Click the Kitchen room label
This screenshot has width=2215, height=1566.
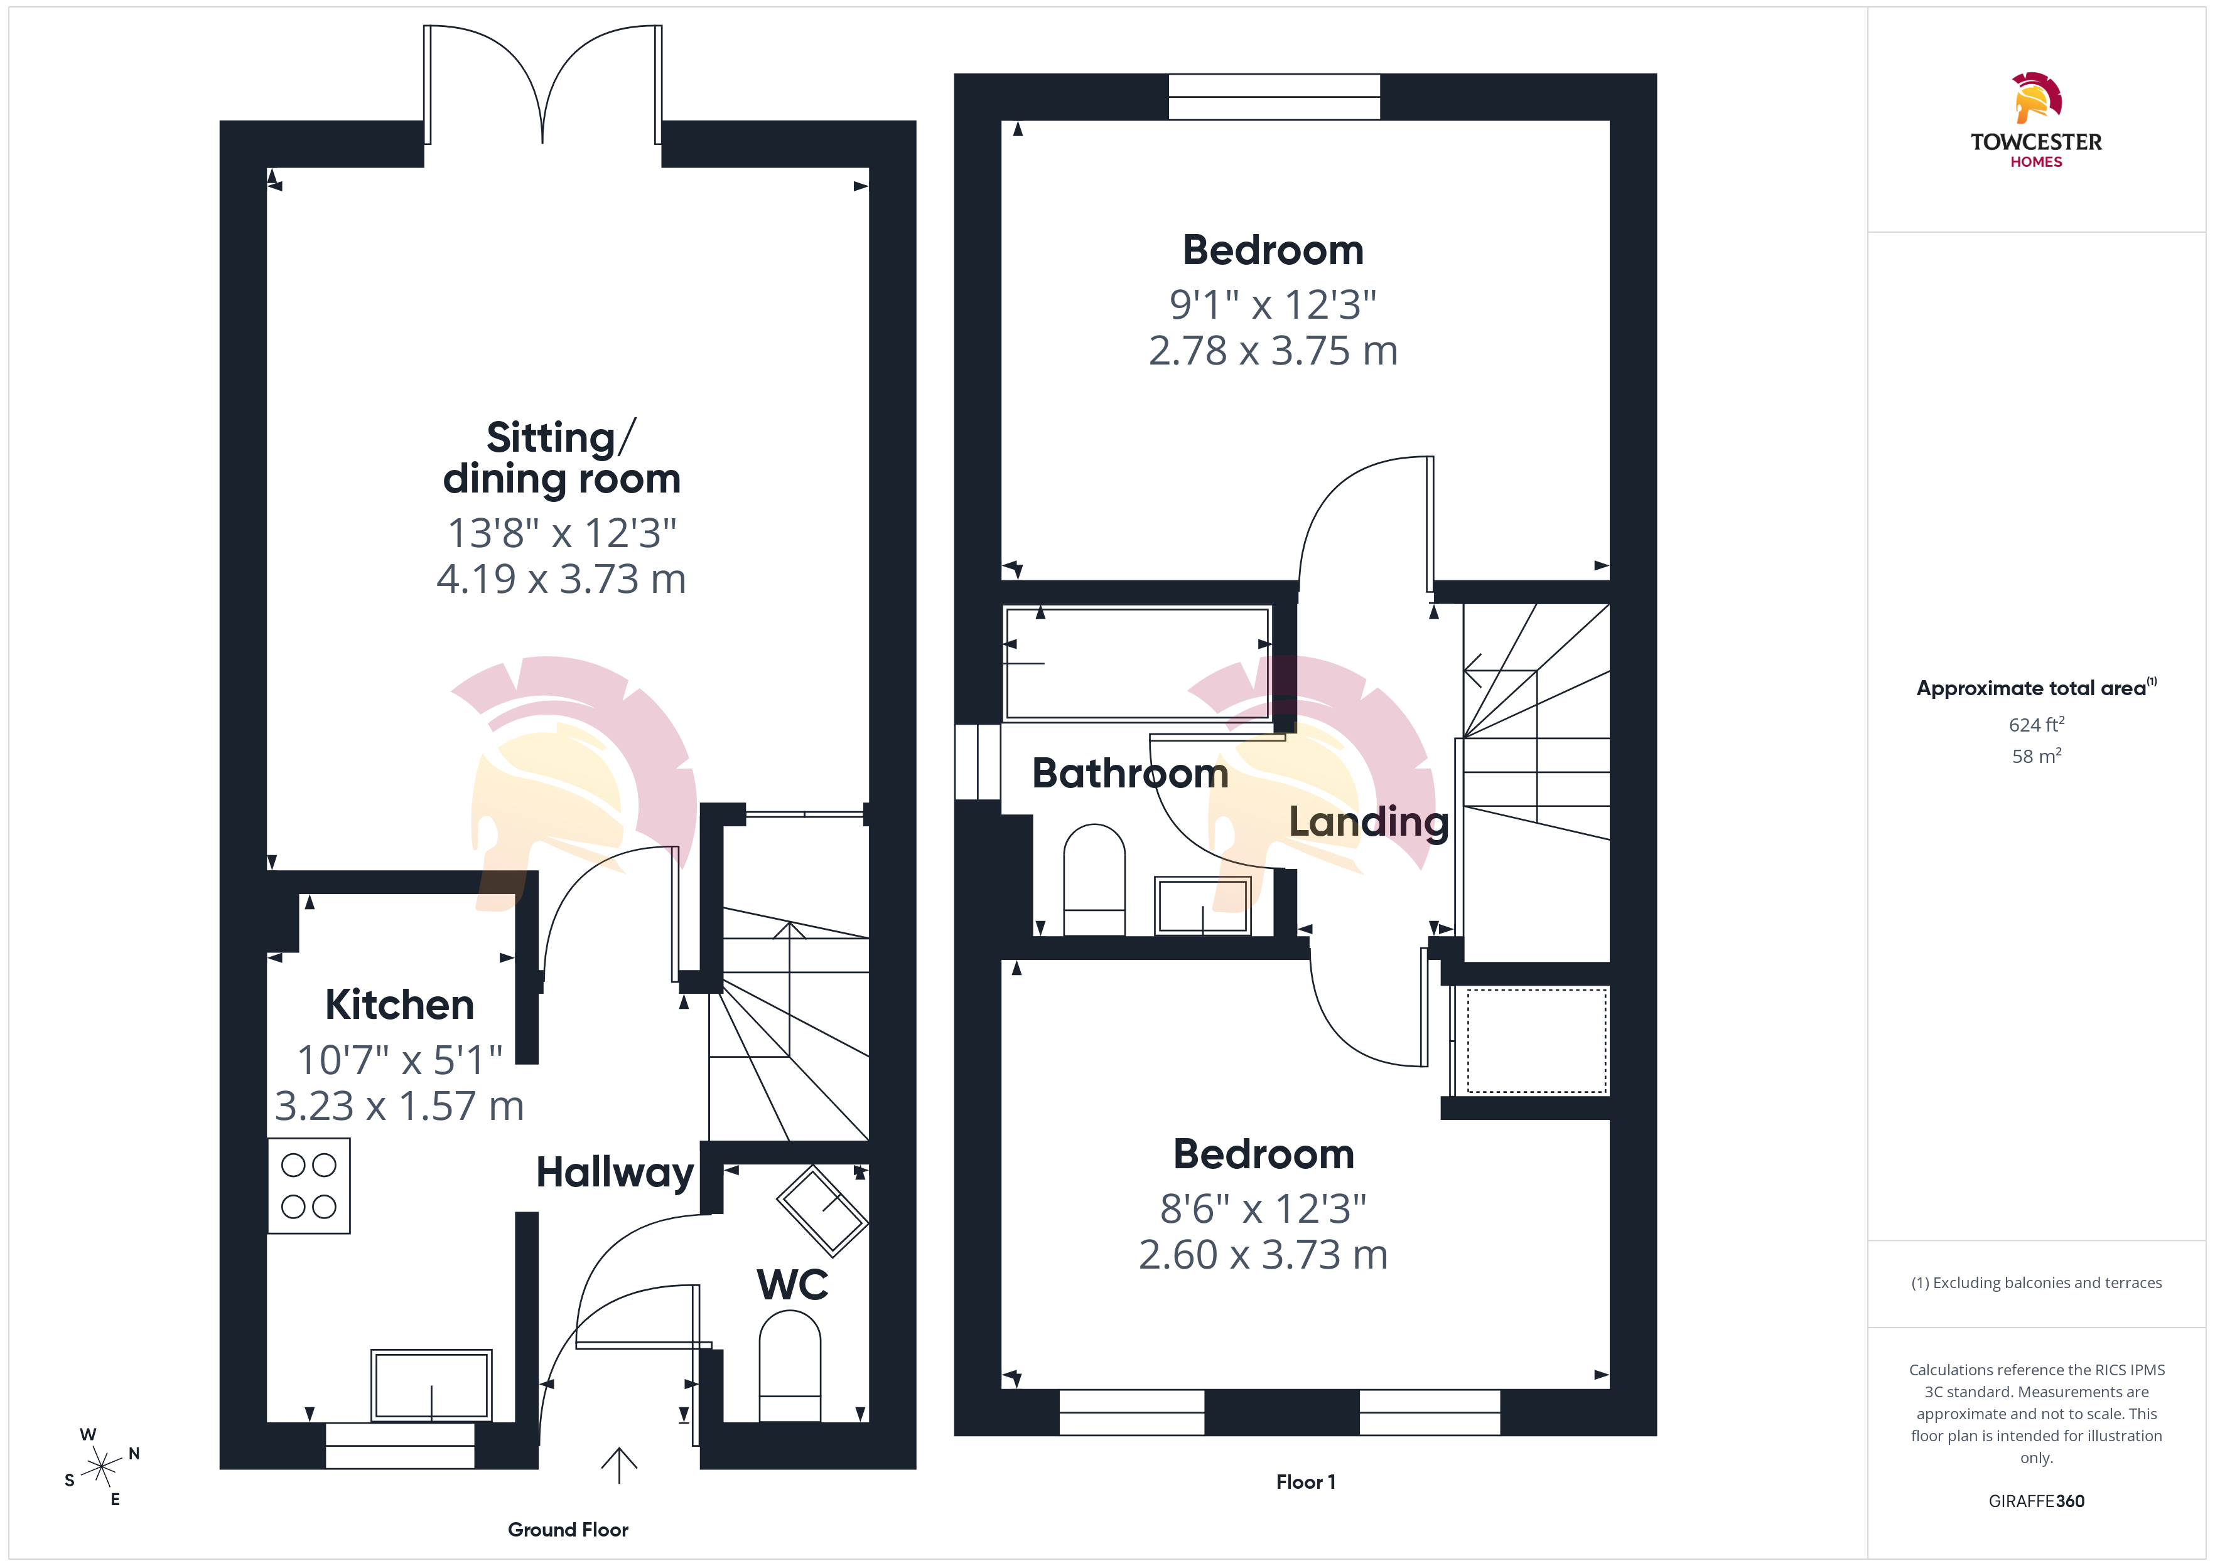pyautogui.click(x=399, y=1004)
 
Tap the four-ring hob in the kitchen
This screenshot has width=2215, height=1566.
pyautogui.click(x=309, y=1186)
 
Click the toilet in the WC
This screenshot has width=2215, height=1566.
pyautogui.click(x=790, y=1365)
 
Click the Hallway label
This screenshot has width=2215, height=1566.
pyautogui.click(x=615, y=1173)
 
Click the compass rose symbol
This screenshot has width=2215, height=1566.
pyautogui.click(x=101, y=1467)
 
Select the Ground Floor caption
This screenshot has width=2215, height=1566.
pyautogui.click(x=568, y=1530)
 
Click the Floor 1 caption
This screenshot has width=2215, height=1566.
pyautogui.click(x=1305, y=1482)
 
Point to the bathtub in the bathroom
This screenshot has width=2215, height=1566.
pyautogui.click(x=1138, y=663)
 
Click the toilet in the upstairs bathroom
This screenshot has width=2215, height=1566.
pyautogui.click(x=1094, y=880)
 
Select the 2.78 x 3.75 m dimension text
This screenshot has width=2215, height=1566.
pyautogui.click(x=1273, y=351)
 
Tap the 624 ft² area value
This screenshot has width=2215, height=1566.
pyautogui.click(x=2037, y=724)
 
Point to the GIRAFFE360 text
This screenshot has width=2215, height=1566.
pyautogui.click(x=2037, y=1501)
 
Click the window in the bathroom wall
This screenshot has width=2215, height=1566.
pyautogui.click(x=978, y=762)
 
